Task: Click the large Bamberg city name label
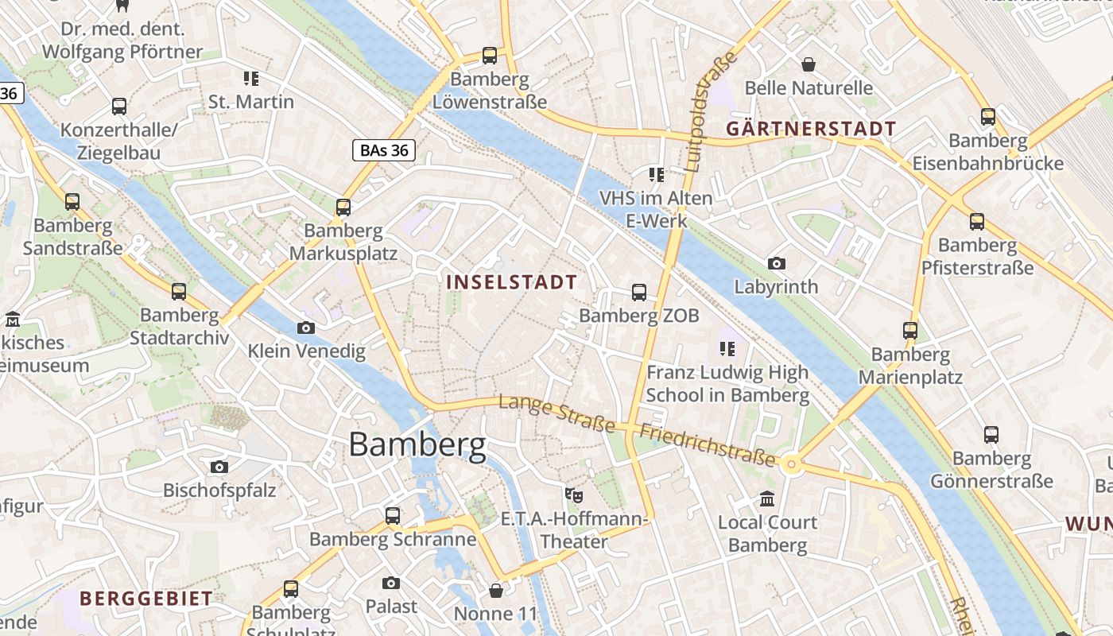[417, 444]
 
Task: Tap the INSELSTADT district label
[511, 282]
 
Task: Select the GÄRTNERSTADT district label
[811, 129]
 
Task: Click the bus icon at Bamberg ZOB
[639, 293]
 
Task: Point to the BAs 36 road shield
[384, 149]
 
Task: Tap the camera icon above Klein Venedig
[305, 328]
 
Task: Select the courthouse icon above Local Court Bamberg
[767, 499]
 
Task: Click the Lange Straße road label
[556, 414]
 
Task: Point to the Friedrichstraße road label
[707, 445]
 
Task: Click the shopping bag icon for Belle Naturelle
[809, 64]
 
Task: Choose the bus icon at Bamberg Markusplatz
[343, 207]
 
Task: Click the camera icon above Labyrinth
[776, 263]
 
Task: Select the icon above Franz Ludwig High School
[727, 348]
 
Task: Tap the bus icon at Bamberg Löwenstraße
[490, 56]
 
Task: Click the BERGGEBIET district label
[145, 599]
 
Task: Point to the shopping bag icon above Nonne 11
[495, 591]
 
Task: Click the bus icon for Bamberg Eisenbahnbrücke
[987, 117]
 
